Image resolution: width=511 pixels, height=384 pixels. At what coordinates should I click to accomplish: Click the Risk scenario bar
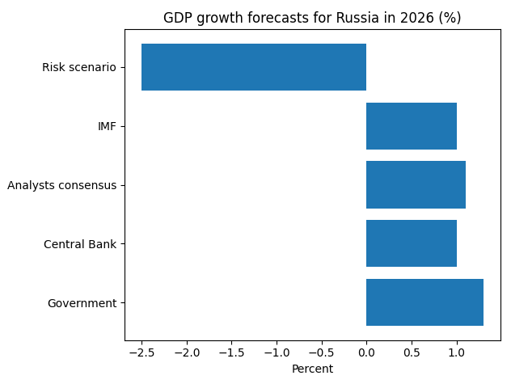click(x=254, y=67)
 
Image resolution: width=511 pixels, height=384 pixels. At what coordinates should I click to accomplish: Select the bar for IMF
click(x=412, y=126)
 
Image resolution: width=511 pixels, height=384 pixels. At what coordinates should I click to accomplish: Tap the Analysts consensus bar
click(x=416, y=185)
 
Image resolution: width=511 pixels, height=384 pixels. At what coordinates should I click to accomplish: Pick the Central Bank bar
click(x=412, y=243)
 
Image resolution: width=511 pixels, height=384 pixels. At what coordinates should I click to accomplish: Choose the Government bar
click(x=424, y=302)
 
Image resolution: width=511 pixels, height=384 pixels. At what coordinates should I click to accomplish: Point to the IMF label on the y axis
click(x=107, y=126)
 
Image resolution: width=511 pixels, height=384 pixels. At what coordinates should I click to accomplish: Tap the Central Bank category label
click(x=80, y=244)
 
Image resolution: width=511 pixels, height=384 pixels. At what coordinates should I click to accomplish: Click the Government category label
click(x=82, y=303)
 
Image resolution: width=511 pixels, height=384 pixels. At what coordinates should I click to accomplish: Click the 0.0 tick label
click(x=366, y=352)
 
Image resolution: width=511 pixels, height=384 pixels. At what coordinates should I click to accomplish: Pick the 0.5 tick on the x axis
click(x=412, y=352)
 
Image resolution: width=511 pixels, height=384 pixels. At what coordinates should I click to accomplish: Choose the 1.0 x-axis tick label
click(x=457, y=352)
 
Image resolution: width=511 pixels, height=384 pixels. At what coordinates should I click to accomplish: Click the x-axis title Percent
click(x=312, y=369)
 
